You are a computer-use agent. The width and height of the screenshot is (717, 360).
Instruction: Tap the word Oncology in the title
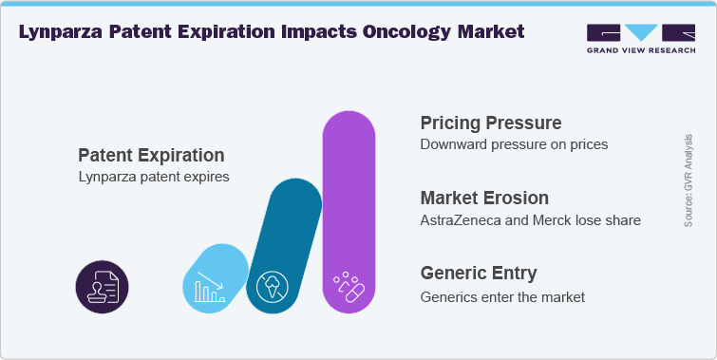[x=403, y=31]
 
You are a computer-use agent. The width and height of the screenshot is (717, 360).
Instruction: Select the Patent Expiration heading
[x=151, y=155]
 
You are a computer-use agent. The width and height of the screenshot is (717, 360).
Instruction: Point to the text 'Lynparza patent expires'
[x=153, y=177]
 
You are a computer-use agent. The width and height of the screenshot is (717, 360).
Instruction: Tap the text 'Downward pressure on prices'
[x=514, y=145]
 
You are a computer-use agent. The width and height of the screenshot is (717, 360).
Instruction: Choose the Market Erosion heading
[x=484, y=198]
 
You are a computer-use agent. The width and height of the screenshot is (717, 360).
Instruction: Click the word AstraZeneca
[x=462, y=220]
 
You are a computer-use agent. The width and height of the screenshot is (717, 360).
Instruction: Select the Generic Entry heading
[x=479, y=274]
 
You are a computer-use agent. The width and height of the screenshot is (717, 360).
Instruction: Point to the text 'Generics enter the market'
[x=502, y=296]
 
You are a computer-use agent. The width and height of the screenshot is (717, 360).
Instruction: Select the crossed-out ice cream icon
[x=275, y=283]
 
